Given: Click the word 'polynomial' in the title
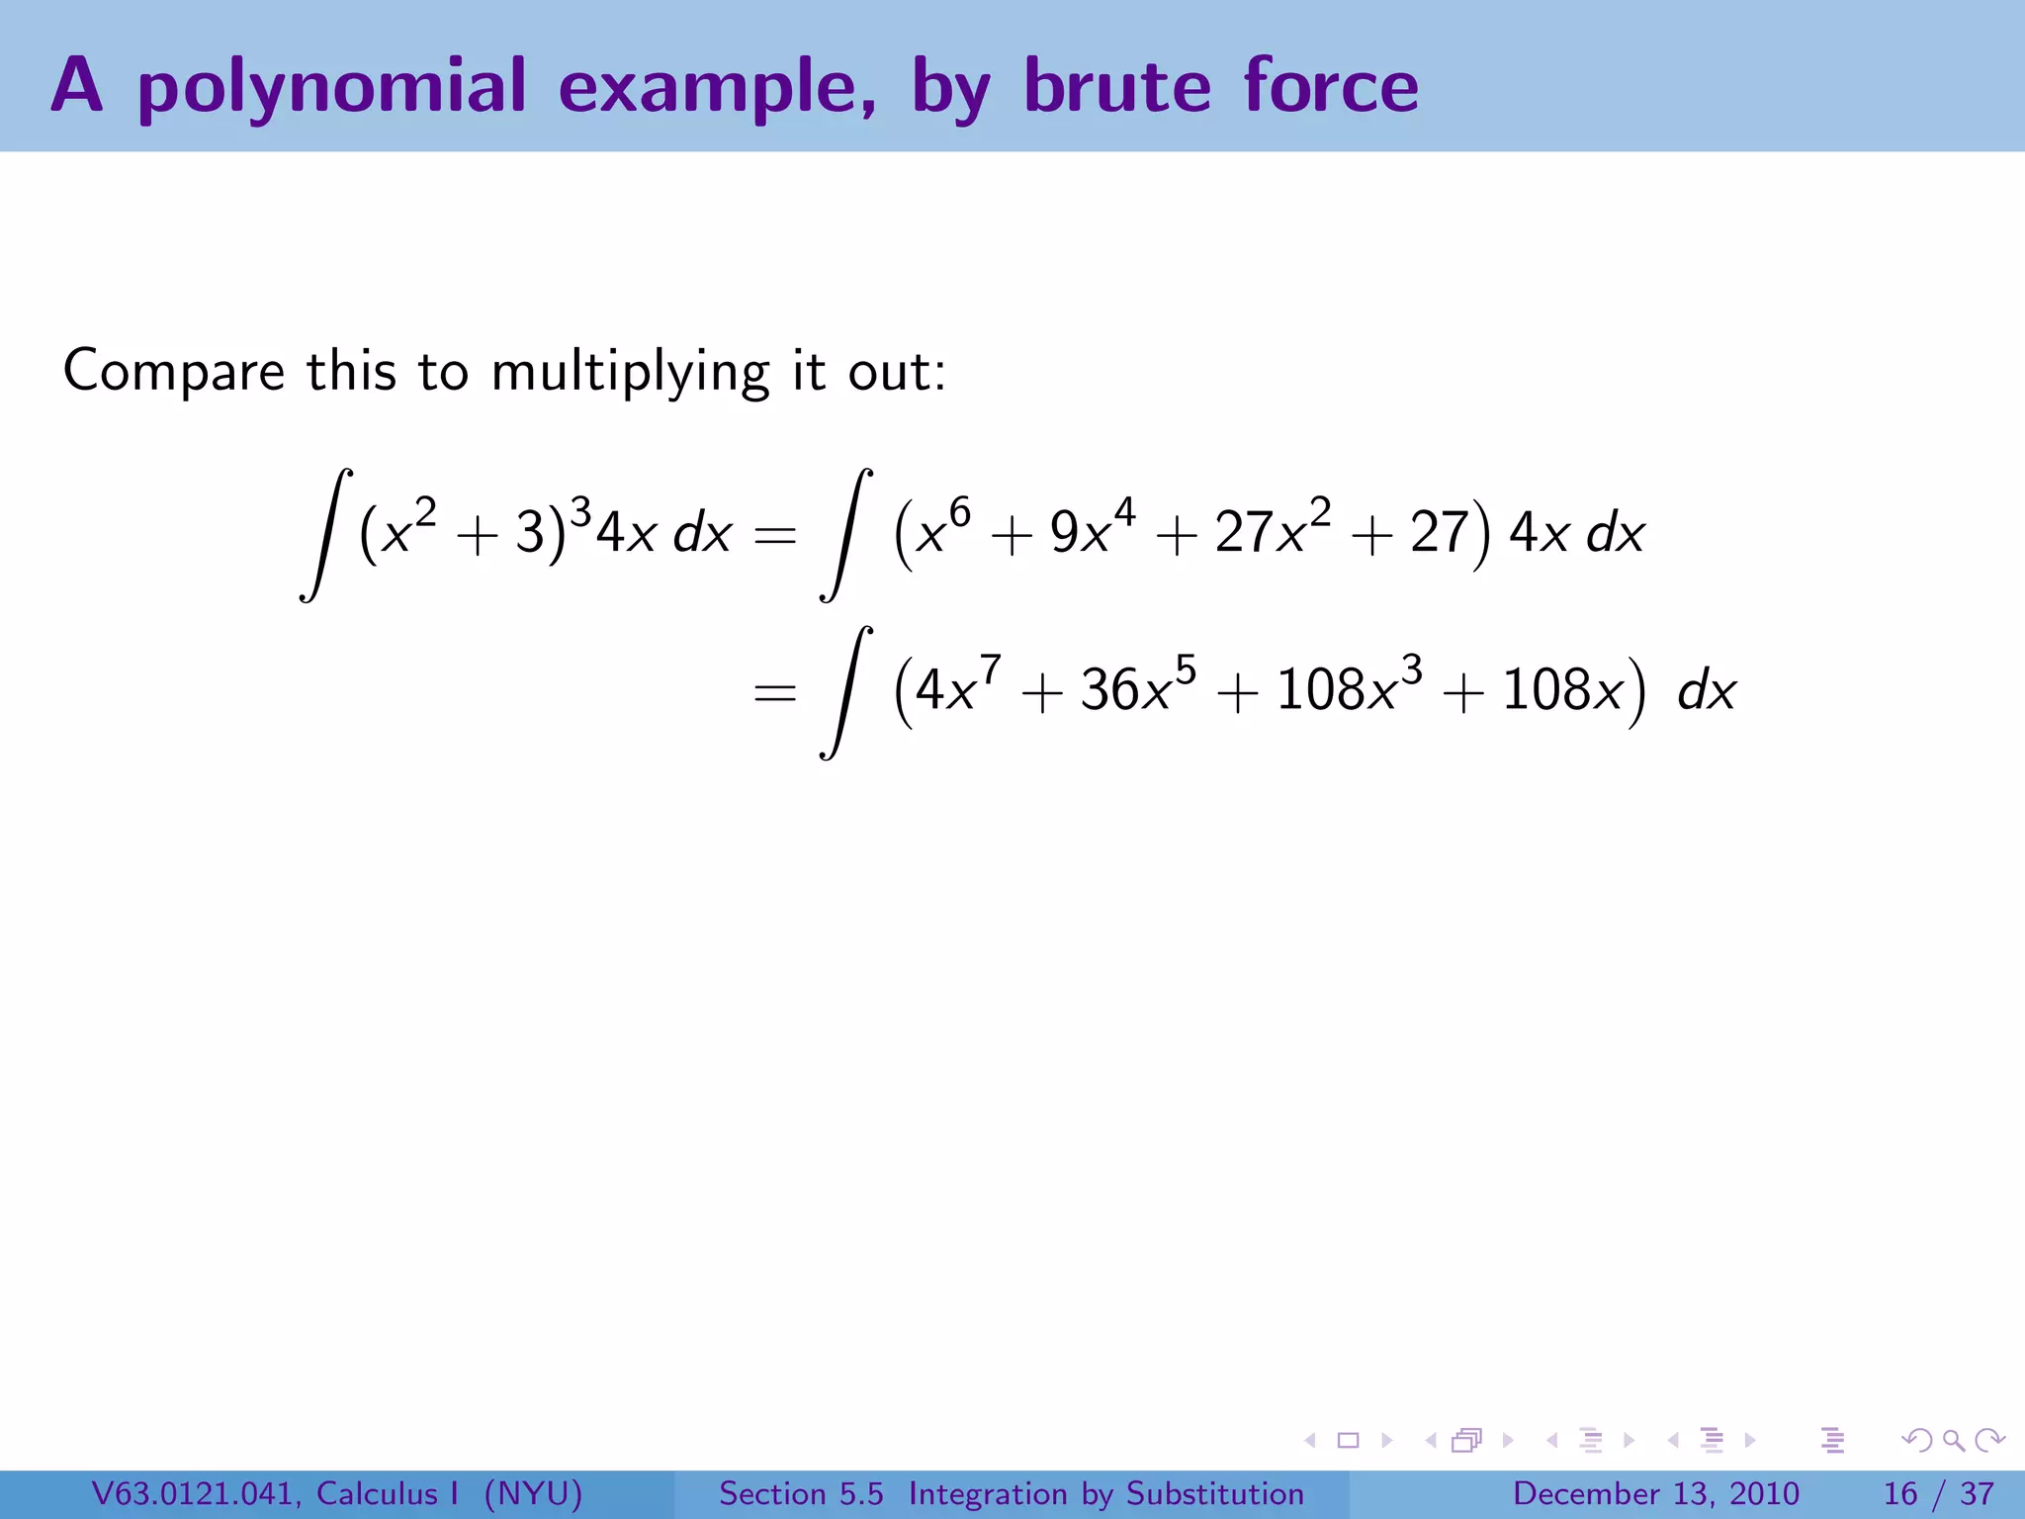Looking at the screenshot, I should (x=331, y=87).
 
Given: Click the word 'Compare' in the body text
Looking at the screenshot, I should (x=174, y=371).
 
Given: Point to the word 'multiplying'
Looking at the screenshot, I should (x=630, y=373).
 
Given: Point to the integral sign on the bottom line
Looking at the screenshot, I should (x=846, y=692).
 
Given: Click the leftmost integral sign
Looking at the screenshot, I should (x=326, y=535).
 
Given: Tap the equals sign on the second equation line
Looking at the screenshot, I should (x=774, y=692).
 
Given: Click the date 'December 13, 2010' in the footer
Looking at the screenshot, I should (x=1655, y=1493).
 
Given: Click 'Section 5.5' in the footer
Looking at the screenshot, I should (x=801, y=1493).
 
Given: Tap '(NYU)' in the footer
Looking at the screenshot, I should (x=533, y=1493).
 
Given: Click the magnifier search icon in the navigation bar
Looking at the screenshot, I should (x=1953, y=1440).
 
